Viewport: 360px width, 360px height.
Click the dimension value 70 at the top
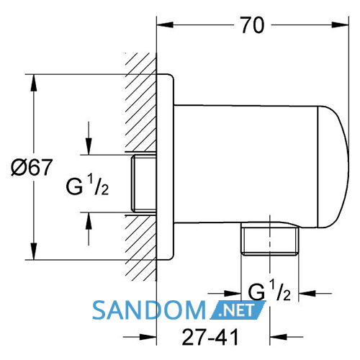pos(252,25)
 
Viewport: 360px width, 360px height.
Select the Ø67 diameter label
pos(32,167)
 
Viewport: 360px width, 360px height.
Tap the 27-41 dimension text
pos(210,337)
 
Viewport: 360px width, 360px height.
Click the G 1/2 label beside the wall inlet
pos(87,185)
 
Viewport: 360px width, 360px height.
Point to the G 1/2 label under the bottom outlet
pos(269,290)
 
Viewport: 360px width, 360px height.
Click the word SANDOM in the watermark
pos(149,310)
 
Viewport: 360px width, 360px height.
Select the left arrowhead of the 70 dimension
pos(165,24)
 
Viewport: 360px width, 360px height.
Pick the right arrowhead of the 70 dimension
pos(340,24)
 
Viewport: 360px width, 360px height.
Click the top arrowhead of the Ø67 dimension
pos(34,83)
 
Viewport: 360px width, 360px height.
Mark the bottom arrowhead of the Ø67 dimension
pos(34,251)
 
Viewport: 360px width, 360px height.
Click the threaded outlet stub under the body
pos(270,239)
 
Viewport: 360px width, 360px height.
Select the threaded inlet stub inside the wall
pos(144,184)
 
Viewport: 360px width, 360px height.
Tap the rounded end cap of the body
pos(333,166)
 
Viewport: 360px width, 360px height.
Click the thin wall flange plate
pos(165,167)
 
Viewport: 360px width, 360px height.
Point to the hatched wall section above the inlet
pos(140,103)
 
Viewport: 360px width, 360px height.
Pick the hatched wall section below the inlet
pos(140,248)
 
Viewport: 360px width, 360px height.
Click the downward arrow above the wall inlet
pos(89,138)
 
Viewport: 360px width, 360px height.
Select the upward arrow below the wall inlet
pos(89,229)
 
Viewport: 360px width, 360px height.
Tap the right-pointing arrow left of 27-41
pos(140,337)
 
